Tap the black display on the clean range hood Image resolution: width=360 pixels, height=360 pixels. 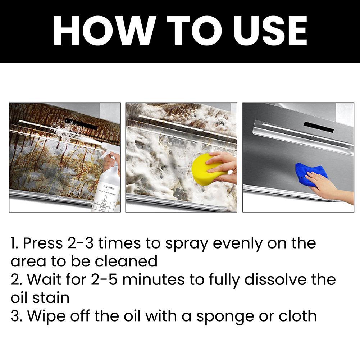[318, 127]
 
